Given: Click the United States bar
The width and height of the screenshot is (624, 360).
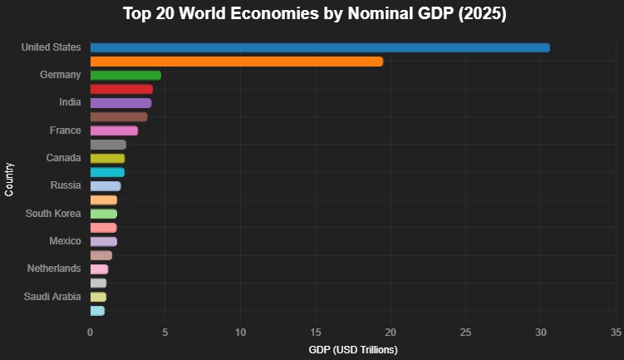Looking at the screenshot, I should tap(319, 47).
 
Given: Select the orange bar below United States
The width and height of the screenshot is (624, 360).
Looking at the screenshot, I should tap(236, 62).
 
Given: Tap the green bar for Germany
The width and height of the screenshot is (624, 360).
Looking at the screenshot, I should tap(125, 75).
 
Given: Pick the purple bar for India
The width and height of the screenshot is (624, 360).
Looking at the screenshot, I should tap(120, 103).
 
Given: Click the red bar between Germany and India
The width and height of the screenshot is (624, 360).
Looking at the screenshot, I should tap(121, 89).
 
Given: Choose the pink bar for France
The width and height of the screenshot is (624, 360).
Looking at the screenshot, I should tap(114, 131).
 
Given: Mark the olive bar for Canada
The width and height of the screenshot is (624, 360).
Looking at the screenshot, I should tap(107, 158).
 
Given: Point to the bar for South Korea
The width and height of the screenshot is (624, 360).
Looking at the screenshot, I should tap(104, 214).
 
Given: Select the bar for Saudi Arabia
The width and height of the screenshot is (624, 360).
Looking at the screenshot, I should tap(98, 297).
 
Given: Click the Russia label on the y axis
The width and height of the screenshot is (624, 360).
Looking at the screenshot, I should tap(66, 185).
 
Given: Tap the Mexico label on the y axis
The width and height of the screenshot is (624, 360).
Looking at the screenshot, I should tap(65, 241).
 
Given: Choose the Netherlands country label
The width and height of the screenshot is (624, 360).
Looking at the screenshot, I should tap(53, 269).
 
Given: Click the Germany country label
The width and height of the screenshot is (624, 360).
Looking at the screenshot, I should tap(60, 75).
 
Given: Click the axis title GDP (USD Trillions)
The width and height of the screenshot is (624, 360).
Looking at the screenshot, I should tap(352, 350).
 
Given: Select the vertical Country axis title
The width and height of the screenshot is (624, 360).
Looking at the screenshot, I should tap(9, 179).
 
